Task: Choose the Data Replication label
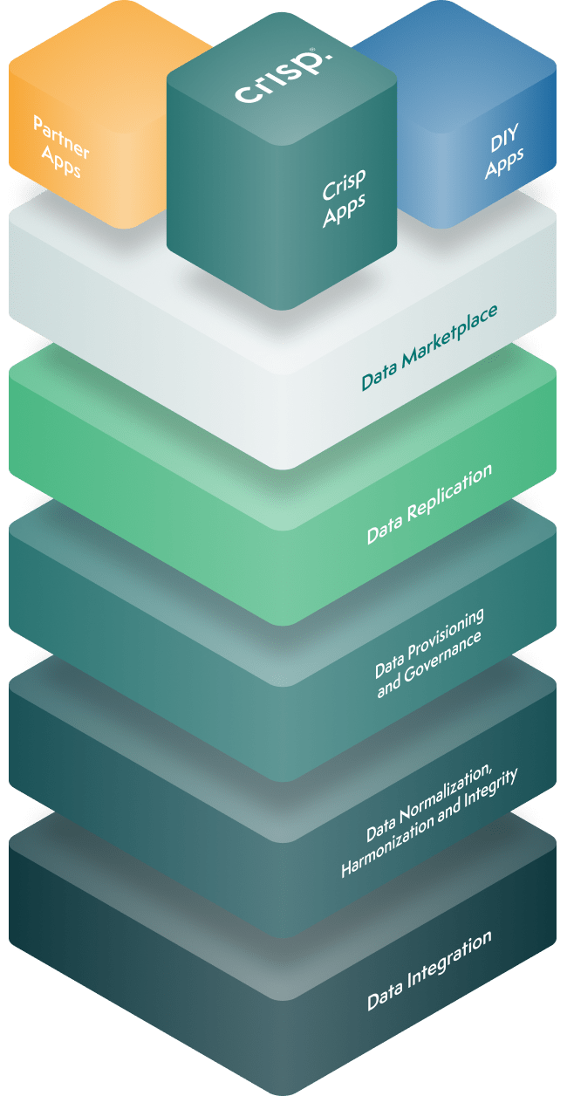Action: (429, 504)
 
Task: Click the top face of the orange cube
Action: (96, 44)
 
